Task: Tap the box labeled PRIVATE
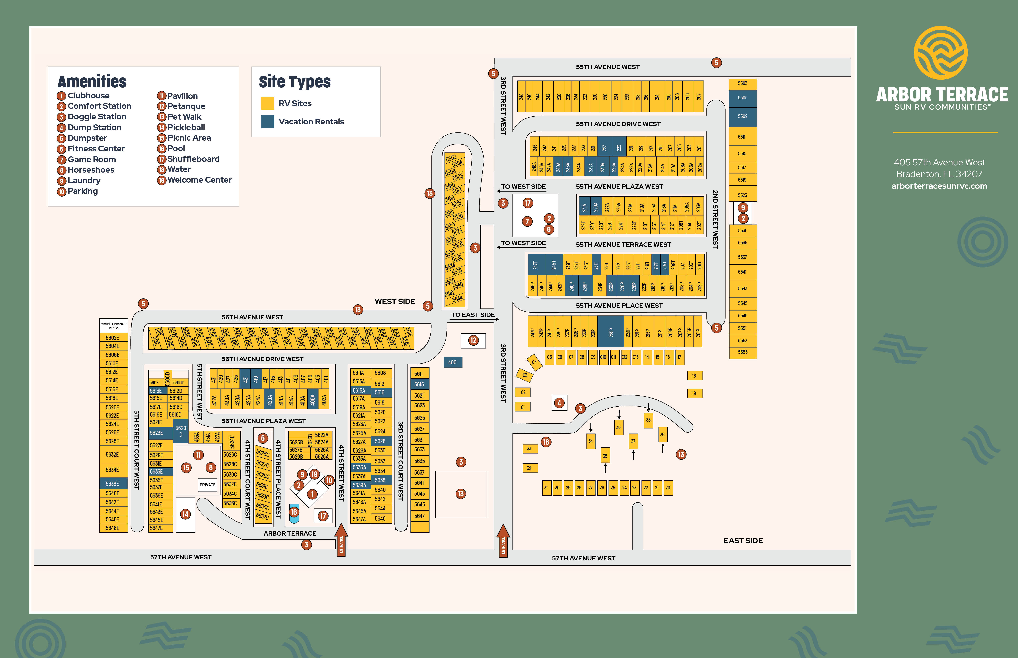click(x=207, y=485)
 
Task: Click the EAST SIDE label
click(x=743, y=541)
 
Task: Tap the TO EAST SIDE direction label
click(x=473, y=315)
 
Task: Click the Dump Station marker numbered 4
click(x=559, y=403)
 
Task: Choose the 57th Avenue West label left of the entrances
click(x=180, y=557)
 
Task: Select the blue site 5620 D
click(x=181, y=431)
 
